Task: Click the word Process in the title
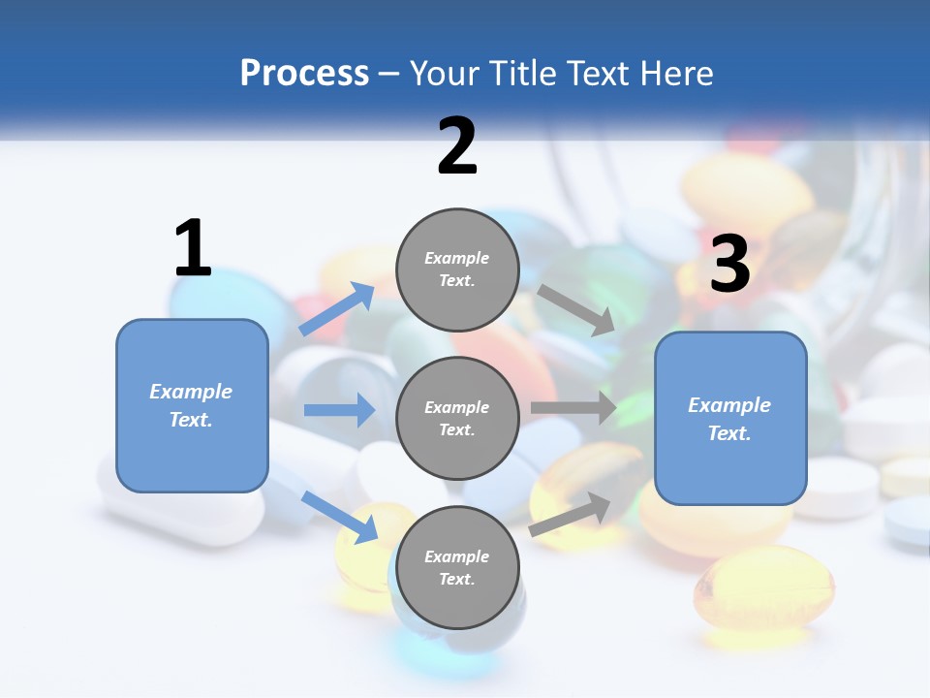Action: point(304,74)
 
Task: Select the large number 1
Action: point(193,249)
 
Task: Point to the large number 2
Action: point(457,147)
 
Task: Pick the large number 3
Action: point(729,265)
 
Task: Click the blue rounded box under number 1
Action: point(192,405)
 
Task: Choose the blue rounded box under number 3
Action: point(730,418)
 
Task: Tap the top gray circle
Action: point(457,269)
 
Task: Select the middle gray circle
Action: point(457,418)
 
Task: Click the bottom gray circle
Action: point(457,567)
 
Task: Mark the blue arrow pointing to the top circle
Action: point(337,309)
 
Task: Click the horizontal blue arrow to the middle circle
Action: point(339,410)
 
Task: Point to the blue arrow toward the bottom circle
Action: point(339,516)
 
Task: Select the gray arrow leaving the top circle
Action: point(577,310)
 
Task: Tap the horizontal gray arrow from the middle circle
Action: point(573,408)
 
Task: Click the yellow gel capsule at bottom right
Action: point(762,587)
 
